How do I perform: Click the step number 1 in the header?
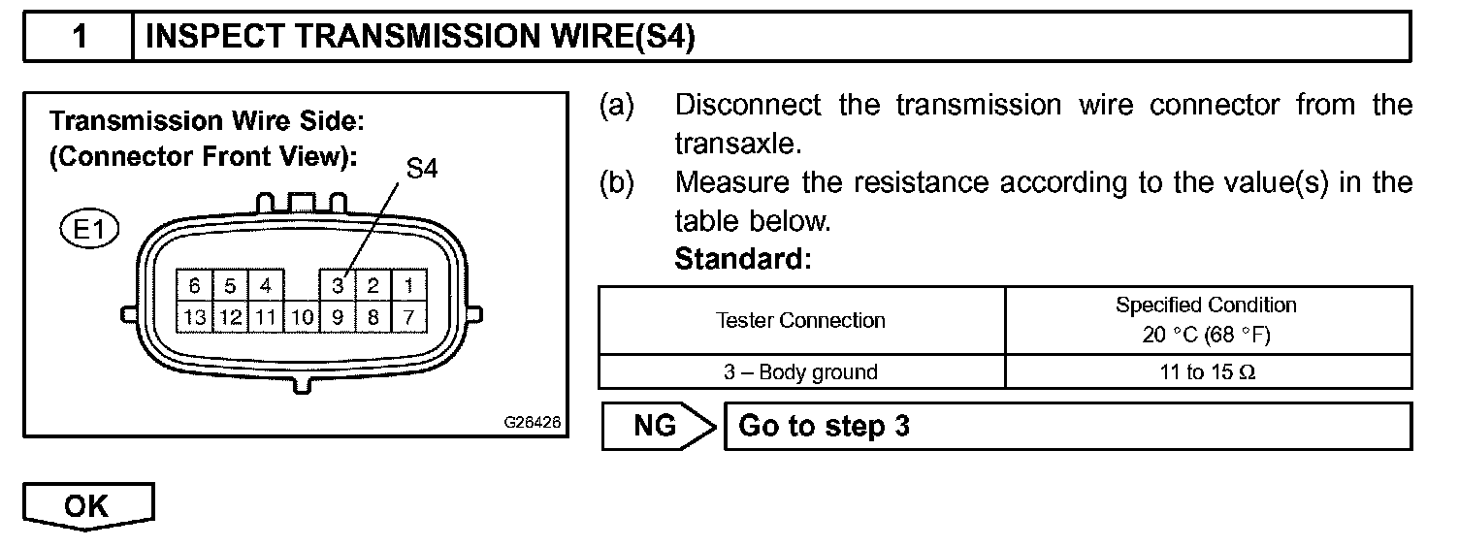80,37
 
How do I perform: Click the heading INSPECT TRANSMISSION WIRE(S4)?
420,37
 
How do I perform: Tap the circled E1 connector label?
86,231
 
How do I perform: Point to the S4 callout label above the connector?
422,169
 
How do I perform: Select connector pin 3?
337,286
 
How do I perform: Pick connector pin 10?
303,315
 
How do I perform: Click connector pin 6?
194,286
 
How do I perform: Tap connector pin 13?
194,315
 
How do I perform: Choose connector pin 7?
407,315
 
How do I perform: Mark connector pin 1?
407,286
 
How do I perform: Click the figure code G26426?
532,424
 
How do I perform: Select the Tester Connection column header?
800,320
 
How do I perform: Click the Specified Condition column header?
1206,320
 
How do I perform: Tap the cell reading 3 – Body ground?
800,372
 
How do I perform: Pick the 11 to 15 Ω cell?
1206,372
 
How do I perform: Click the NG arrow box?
657,427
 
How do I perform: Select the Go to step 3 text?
824,427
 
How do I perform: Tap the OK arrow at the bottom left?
87,507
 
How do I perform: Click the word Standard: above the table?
742,260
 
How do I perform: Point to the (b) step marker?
616,182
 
